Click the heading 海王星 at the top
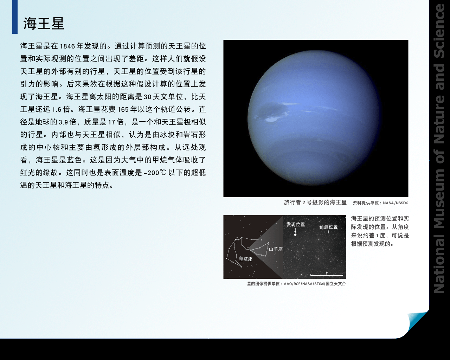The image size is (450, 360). pos(44,23)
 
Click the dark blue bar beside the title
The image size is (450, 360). pos(15,17)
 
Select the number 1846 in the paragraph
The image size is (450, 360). pos(67,46)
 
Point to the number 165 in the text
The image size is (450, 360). pos(123,109)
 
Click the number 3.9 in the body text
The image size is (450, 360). pos(63,122)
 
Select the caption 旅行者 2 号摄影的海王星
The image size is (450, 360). pos(315,202)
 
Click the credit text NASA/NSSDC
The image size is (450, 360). pos(396,203)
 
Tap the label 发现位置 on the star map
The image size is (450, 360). pos(296,224)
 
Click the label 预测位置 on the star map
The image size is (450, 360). pos(328,227)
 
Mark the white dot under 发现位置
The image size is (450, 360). pos(295,235)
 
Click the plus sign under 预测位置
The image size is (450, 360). pos(328,232)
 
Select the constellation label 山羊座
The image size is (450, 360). pos(276,249)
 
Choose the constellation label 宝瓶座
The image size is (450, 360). pos(246,259)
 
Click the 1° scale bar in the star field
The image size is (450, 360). pos(327,275)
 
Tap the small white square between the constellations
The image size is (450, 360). pos(248,249)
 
